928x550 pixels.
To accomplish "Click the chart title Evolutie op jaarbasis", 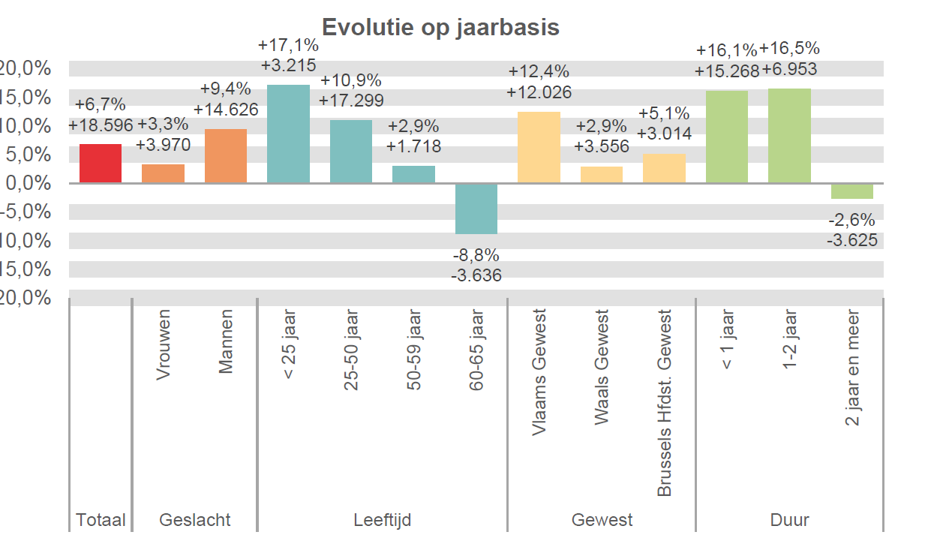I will (x=440, y=27).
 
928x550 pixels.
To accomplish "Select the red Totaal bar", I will (x=101, y=163).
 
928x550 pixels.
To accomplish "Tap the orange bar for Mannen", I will (x=226, y=156).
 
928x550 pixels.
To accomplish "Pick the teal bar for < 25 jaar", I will (x=288, y=134).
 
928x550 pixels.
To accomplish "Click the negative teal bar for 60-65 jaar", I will (x=476, y=209).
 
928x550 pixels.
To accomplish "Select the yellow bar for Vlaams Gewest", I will (x=539, y=147).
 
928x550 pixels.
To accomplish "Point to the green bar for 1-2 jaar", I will (x=789, y=136).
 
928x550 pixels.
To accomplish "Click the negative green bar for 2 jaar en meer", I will (x=851, y=191).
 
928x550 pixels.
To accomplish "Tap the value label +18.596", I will (x=101, y=125).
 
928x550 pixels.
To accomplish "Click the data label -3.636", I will (x=476, y=275).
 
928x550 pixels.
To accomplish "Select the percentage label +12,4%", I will (x=539, y=72).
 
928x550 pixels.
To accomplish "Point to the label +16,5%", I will (x=789, y=50).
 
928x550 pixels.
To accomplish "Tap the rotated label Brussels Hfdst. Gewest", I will (x=665, y=404).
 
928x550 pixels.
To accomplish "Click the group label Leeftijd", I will (x=382, y=519).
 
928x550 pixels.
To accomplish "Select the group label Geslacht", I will (x=194, y=519).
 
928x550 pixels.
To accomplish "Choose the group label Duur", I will (x=789, y=519).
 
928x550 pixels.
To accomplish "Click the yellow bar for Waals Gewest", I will (x=602, y=174).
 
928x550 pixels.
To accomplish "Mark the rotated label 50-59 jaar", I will (x=414, y=351).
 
